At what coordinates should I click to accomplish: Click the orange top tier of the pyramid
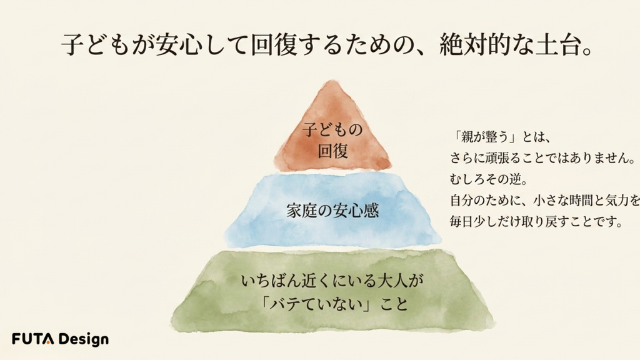pos(332,131)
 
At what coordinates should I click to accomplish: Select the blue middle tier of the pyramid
pos(332,210)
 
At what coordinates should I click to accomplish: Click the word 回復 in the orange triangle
pos(332,151)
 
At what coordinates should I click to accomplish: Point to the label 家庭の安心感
pos(332,211)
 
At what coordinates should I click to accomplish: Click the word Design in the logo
pos(83,339)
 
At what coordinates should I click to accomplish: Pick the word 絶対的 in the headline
pos(475,45)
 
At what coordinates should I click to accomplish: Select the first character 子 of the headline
pos(73,45)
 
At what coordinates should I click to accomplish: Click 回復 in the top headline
pos(273,45)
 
